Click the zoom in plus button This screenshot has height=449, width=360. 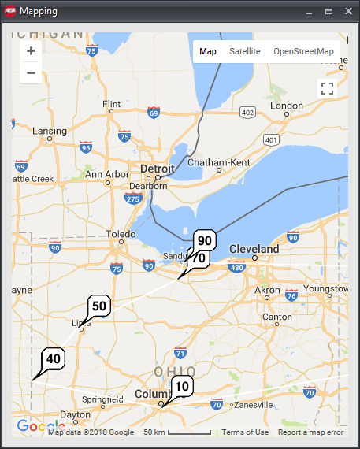click(x=31, y=51)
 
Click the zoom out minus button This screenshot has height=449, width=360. click(x=31, y=73)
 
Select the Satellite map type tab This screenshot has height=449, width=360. click(x=245, y=51)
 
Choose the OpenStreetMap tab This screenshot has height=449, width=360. click(x=303, y=51)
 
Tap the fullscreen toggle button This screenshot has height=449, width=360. click(x=328, y=88)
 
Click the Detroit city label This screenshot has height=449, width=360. click(x=156, y=169)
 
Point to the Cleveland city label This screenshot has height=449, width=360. click(x=254, y=249)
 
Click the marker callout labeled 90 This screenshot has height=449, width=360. click(x=205, y=241)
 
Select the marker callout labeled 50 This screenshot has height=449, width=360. click(x=99, y=306)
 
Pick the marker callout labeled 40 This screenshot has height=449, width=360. click(x=53, y=358)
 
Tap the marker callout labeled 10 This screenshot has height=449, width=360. click(x=182, y=386)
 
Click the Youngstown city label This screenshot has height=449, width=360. click(x=324, y=288)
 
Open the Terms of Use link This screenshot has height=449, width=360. click(x=245, y=432)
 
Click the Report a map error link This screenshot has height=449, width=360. click(x=310, y=432)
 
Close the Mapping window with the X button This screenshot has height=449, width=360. click(x=348, y=12)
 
